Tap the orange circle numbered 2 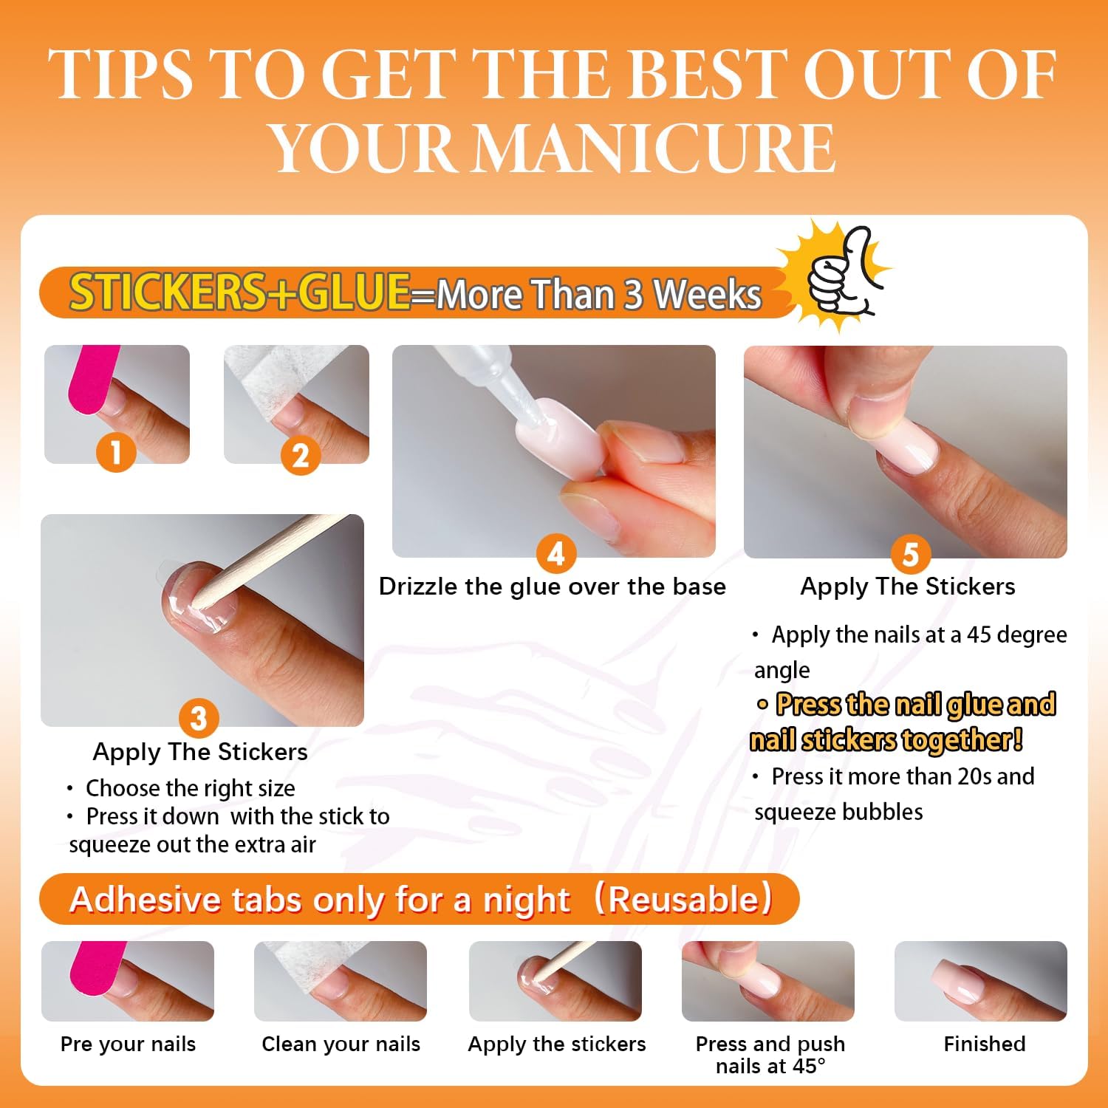coord(300,455)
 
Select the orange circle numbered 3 coord(199,718)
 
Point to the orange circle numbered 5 coord(911,554)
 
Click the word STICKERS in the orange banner coord(167,292)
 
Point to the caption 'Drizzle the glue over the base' coord(553,587)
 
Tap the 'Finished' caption coord(985,1044)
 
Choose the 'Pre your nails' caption coord(128,1044)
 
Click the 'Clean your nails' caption coord(341,1044)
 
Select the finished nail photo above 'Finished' coord(981,981)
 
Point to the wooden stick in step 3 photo coord(273,550)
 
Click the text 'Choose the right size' coord(191,788)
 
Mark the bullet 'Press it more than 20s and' coord(903,776)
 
